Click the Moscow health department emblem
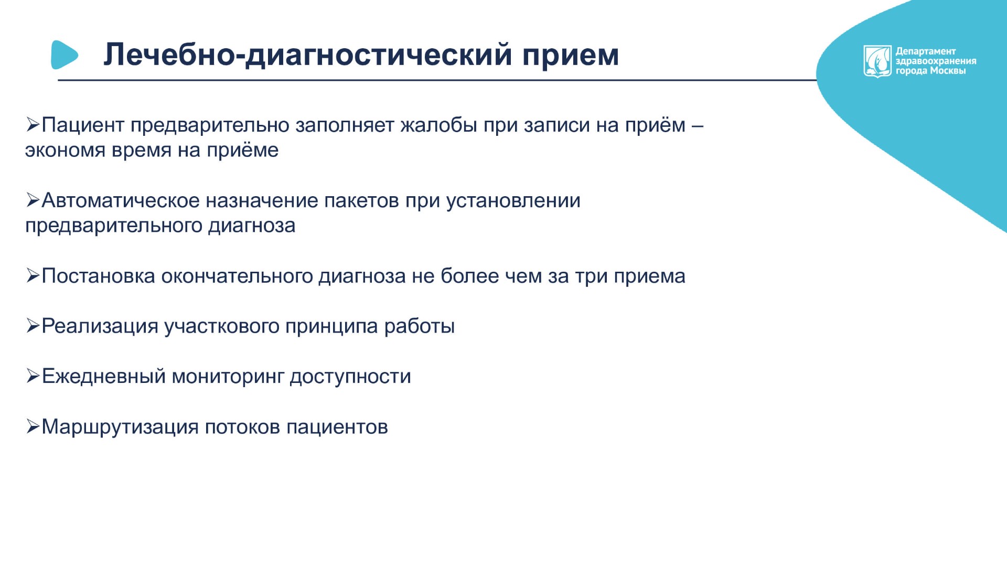[x=877, y=61]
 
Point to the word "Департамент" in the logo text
[x=926, y=51]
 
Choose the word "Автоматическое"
[x=120, y=200]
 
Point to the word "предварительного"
[x=114, y=226]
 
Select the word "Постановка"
[x=99, y=276]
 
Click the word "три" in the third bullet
[x=591, y=276]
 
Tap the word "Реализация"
[x=100, y=326]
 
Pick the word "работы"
[x=420, y=326]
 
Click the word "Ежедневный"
[x=104, y=377]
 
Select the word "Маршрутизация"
[x=120, y=427]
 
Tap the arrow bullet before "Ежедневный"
[x=33, y=377]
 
